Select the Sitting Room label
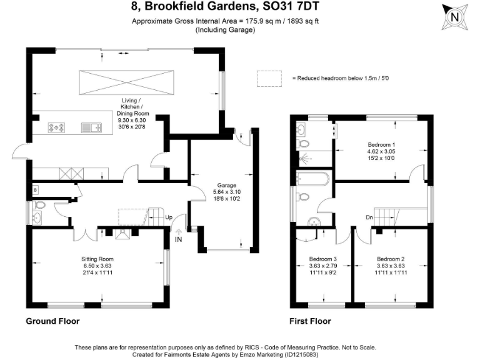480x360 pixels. point(97,265)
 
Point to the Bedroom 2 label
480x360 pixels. point(390,265)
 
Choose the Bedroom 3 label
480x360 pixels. point(323,265)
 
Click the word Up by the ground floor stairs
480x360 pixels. point(168,217)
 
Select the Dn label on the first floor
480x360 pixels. point(370,217)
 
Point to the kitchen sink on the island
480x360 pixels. point(91,128)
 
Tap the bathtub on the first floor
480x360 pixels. point(312,180)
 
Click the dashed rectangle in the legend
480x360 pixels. point(269,79)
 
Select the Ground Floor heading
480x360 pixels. point(52,321)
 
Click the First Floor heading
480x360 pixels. point(310,321)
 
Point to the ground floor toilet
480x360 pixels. point(39,205)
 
